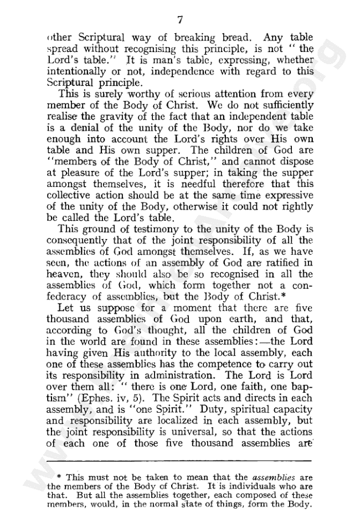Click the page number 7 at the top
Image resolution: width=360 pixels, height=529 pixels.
[180, 20]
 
